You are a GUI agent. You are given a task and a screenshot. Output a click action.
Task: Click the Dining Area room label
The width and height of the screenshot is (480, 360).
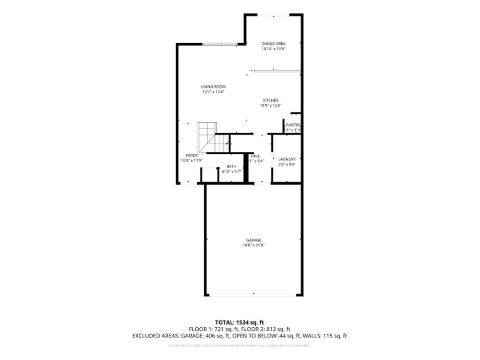pyautogui.click(x=273, y=44)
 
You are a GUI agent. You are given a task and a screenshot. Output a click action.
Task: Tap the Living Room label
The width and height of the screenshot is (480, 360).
pyautogui.click(x=213, y=87)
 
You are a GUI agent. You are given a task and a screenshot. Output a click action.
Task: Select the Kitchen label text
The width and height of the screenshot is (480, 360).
pyautogui.click(x=270, y=100)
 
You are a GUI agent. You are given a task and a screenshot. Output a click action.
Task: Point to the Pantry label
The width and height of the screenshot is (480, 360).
pyautogui.click(x=293, y=125)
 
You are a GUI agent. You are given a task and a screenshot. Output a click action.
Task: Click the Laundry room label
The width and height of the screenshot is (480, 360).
pyautogui.click(x=286, y=159)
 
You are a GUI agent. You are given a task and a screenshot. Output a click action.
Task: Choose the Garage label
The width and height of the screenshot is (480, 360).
pyautogui.click(x=254, y=240)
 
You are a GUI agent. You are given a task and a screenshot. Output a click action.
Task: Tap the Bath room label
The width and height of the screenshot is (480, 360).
pyautogui.click(x=232, y=166)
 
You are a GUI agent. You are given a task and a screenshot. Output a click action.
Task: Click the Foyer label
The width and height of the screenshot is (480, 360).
pyautogui.click(x=191, y=155)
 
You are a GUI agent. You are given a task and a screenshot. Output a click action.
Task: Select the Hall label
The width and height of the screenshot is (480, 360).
pyautogui.click(x=255, y=156)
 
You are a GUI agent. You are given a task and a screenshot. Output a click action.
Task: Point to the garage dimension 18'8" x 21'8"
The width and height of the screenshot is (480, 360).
pyautogui.click(x=254, y=245)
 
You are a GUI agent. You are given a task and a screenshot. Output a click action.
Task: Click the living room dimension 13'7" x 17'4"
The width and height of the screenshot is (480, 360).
pyautogui.click(x=213, y=92)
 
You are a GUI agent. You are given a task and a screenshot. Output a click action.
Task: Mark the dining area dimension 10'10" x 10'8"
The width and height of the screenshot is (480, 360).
pyautogui.click(x=273, y=49)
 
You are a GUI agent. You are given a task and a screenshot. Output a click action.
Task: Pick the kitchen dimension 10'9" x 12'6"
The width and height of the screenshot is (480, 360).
pyautogui.click(x=270, y=105)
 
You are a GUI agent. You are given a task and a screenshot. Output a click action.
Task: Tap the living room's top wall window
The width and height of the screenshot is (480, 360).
pyautogui.click(x=219, y=44)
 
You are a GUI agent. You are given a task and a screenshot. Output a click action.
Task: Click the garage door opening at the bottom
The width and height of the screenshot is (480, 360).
pyautogui.click(x=253, y=295)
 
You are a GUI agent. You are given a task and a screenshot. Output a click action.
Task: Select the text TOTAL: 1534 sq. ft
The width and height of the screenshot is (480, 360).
pyautogui.click(x=240, y=322)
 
